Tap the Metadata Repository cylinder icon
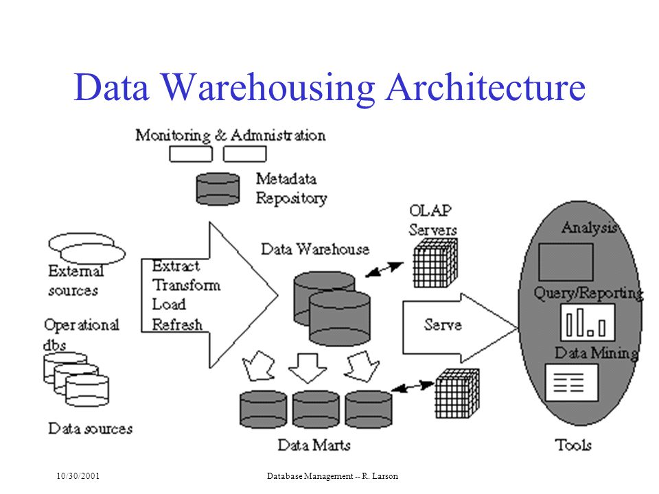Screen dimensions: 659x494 (218, 189)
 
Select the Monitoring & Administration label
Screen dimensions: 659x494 (231, 135)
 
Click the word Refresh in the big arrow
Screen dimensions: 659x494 (177, 325)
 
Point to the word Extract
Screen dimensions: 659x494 (176, 266)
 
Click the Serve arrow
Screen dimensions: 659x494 (460, 328)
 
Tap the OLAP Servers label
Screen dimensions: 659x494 (432, 220)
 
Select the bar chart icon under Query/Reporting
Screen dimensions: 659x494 (588, 322)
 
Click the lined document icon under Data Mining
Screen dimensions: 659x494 (572, 383)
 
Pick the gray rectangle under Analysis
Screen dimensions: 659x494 (566, 261)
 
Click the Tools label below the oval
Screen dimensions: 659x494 (573, 445)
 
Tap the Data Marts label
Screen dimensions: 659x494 (314, 445)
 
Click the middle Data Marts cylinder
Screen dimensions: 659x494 (316, 410)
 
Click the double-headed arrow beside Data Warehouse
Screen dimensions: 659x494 (384, 270)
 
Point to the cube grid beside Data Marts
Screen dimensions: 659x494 (457, 393)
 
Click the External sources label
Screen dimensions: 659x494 (76, 280)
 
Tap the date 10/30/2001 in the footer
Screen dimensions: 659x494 (78, 476)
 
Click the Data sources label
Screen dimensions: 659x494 (91, 428)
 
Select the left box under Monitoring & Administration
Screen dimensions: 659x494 (191, 154)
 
